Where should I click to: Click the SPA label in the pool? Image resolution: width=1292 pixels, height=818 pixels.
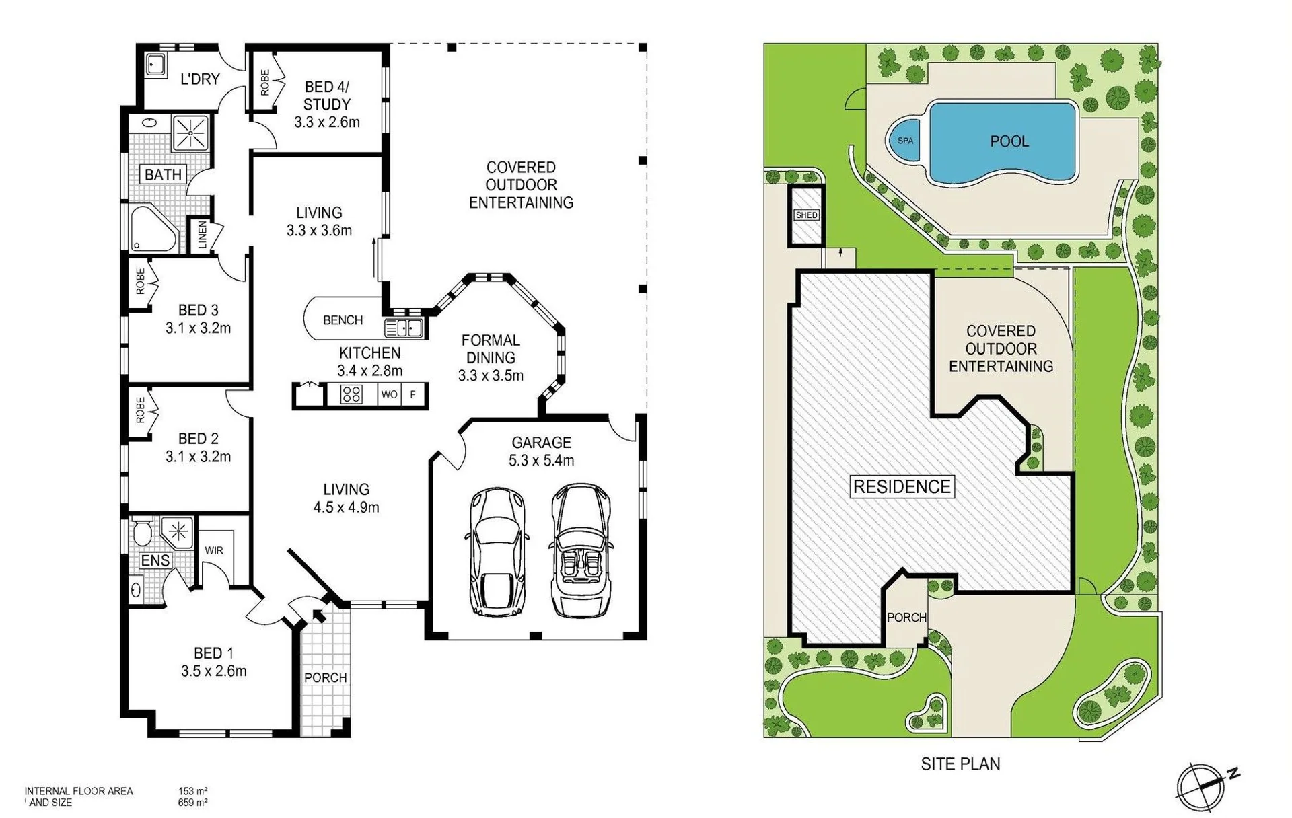[x=905, y=141]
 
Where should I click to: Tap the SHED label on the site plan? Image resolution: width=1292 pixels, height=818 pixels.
[x=806, y=215]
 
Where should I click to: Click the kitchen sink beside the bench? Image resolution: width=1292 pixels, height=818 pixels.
[x=403, y=328]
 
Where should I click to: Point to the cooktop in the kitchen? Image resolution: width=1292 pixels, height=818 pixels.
[x=351, y=394]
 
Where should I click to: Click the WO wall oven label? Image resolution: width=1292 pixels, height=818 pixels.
[x=389, y=394]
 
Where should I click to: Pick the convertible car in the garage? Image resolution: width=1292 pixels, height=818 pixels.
[x=581, y=550]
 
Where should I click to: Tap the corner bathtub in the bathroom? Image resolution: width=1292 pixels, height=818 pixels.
[x=153, y=229]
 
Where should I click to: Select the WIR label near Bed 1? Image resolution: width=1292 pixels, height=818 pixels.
[x=214, y=550]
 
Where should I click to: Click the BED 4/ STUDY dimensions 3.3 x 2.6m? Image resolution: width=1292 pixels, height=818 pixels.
[x=327, y=122]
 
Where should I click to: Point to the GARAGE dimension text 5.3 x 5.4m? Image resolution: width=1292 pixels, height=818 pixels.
[x=542, y=460]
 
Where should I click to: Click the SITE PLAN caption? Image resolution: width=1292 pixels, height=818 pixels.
[x=960, y=764]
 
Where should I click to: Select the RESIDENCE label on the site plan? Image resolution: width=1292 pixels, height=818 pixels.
[x=902, y=486]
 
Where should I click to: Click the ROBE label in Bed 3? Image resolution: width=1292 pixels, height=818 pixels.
[x=140, y=282]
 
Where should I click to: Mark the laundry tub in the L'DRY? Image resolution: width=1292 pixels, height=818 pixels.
[x=155, y=65]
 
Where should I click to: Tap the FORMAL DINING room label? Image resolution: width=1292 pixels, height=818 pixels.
[x=491, y=349]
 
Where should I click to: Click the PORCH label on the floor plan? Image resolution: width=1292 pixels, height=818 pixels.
[x=326, y=677]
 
